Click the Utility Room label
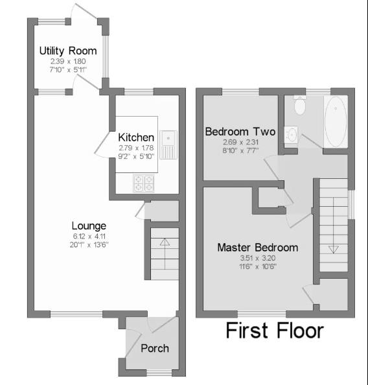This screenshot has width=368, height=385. [68, 51]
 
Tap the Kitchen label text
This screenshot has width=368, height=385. [136, 137]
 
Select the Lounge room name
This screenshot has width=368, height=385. [89, 226]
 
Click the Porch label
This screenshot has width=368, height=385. [155, 348]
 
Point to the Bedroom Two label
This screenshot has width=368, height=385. [240, 132]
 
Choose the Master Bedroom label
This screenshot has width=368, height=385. [257, 248]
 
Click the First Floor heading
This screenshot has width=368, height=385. [274, 331]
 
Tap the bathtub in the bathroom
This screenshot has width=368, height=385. [335, 122]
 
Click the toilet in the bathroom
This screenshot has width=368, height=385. [299, 104]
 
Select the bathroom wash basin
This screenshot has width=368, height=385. [292, 135]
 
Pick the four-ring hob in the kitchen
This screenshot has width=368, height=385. [143, 183]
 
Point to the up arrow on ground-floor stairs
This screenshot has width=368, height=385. [164, 243]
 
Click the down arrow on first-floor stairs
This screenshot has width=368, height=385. [334, 248]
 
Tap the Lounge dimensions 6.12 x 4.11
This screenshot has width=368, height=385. [89, 236]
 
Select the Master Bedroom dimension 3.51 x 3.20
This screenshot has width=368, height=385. [257, 258]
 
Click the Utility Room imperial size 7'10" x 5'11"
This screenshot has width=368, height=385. [68, 69]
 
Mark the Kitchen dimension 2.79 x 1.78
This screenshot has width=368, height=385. [136, 148]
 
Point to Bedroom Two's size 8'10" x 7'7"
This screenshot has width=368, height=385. [240, 150]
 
